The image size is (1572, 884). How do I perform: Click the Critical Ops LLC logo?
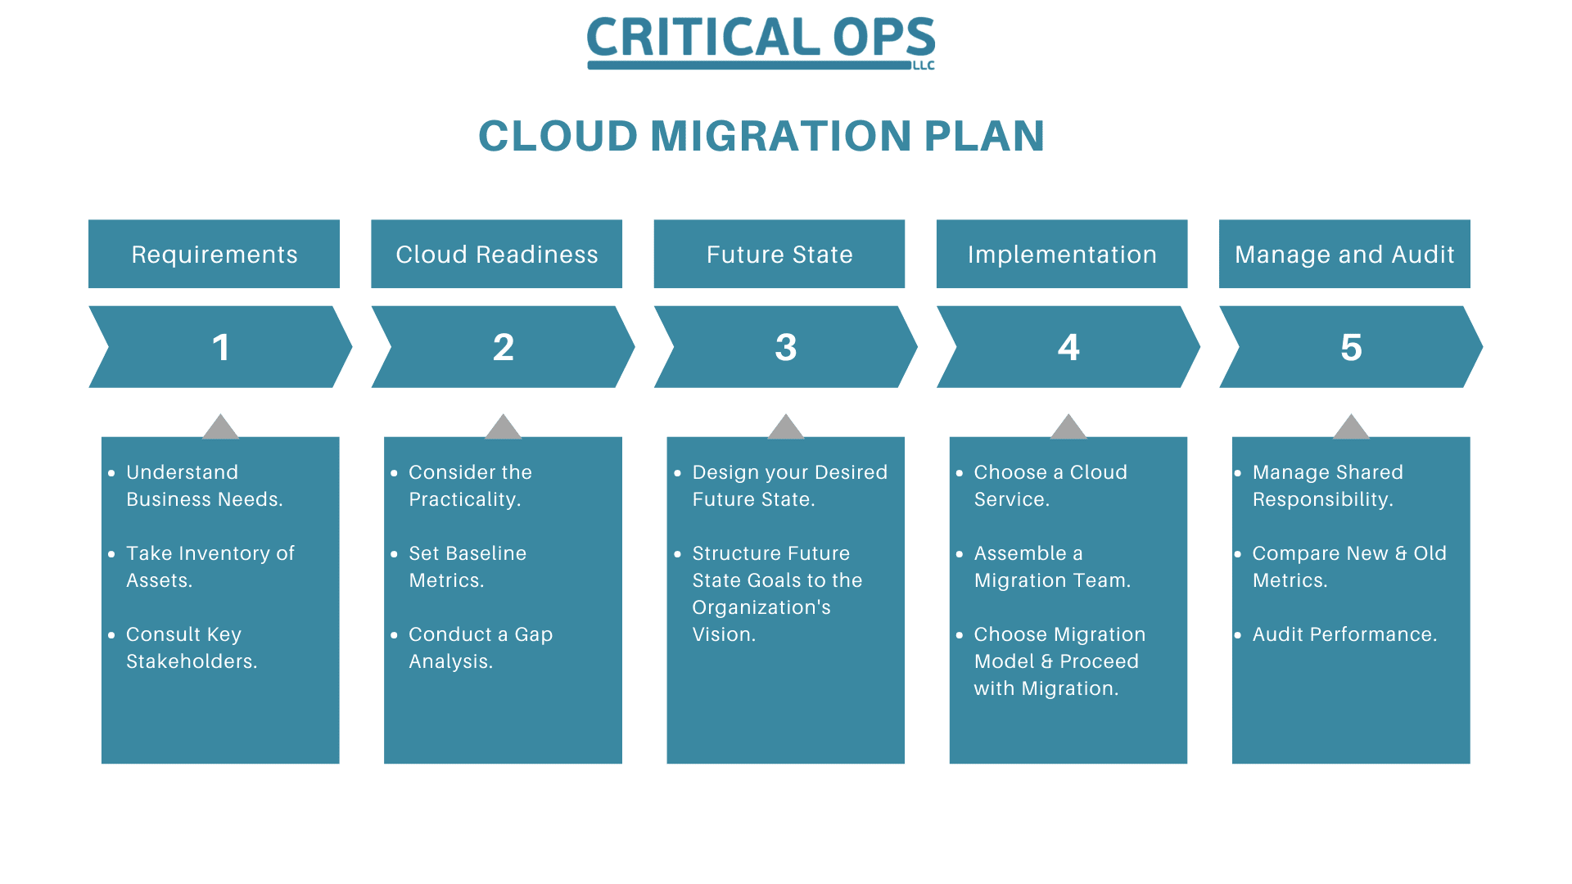click(x=761, y=42)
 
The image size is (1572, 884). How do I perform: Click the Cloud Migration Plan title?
click(x=761, y=136)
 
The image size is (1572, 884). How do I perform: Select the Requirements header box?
click(x=214, y=254)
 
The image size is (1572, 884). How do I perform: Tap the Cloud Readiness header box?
click(x=496, y=254)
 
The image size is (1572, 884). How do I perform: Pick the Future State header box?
click(x=779, y=254)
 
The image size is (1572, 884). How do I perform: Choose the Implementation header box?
click(x=1062, y=254)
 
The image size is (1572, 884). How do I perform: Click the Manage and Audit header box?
click(x=1344, y=254)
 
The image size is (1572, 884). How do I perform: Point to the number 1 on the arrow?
click(x=221, y=347)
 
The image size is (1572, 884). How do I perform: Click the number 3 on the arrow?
click(x=786, y=347)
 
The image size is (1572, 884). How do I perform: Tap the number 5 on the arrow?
click(x=1351, y=347)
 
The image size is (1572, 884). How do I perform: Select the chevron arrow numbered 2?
click(x=503, y=347)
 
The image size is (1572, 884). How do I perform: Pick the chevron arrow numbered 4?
click(x=1068, y=347)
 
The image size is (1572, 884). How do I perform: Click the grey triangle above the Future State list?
click(x=786, y=426)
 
